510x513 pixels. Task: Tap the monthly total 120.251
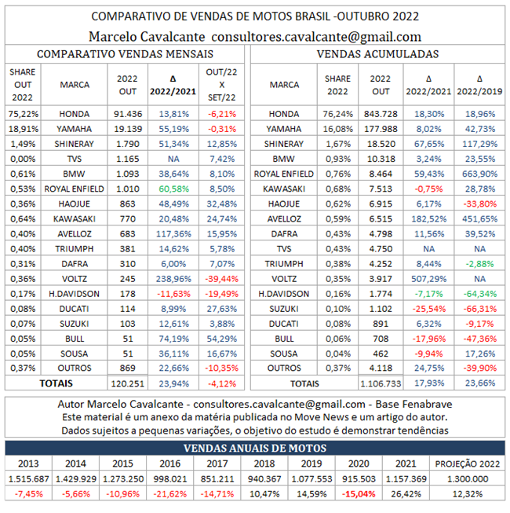coord(126,384)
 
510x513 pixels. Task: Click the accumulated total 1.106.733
coord(381,384)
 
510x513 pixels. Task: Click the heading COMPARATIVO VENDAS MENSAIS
coord(127,53)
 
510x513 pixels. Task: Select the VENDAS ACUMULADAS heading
coord(377,53)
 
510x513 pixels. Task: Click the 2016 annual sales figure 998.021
coord(171,478)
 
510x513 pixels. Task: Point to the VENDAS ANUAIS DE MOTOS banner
coord(255,448)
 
